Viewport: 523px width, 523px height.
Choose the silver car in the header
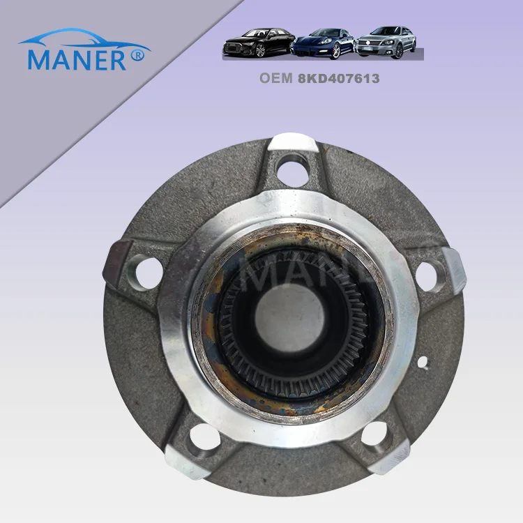385,42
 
